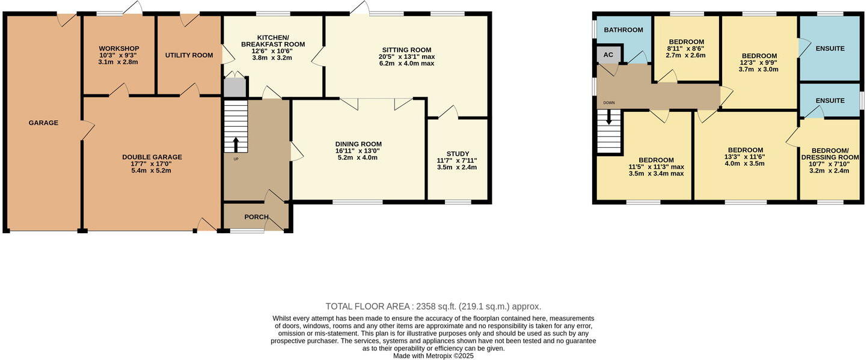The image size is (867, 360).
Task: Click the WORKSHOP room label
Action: (119, 49)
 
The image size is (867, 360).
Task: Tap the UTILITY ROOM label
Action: (189, 55)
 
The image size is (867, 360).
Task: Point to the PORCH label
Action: (256, 217)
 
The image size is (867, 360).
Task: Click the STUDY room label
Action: (458, 154)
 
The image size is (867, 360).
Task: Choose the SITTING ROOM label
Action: (406, 50)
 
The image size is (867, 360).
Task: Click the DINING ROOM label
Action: (358, 144)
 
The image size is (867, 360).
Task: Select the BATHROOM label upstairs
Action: (623, 30)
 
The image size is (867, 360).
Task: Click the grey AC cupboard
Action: (608, 55)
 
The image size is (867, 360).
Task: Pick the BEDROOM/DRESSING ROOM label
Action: (830, 154)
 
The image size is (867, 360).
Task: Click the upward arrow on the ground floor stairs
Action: (235, 144)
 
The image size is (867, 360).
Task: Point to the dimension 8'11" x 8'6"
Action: (686, 49)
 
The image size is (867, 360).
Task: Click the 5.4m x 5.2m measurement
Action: (152, 171)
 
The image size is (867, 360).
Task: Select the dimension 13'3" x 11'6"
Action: (746, 156)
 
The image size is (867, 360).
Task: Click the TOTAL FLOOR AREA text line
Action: (433, 306)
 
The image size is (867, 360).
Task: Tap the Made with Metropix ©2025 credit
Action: (433, 356)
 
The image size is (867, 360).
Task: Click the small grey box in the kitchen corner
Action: (235, 88)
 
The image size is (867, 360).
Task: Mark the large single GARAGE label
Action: (43, 123)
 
